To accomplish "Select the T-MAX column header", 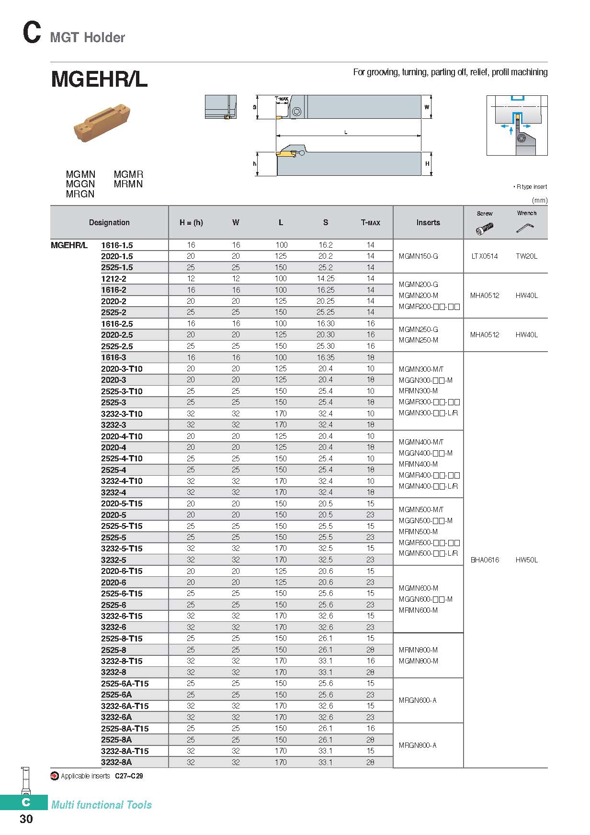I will coord(370,223).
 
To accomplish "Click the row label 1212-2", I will coord(113,279).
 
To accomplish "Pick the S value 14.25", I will coord(325,279).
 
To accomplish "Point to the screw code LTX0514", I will coord(484,256).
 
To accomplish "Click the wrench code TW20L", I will coord(526,256).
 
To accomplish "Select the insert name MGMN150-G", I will coord(418,256).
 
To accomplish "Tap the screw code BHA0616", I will coord(485,560).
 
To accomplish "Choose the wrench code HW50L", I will coord(526,560).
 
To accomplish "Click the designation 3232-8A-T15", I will coord(125,751).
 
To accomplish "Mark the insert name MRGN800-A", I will coord(418,745).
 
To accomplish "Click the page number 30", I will coord(26,819).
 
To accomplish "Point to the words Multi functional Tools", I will coord(102,805).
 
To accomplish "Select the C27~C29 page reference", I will coord(129,776).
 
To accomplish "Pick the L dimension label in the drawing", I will coord(346,132).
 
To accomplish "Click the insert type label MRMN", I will coord(128,184).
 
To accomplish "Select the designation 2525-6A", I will coord(116,695).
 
